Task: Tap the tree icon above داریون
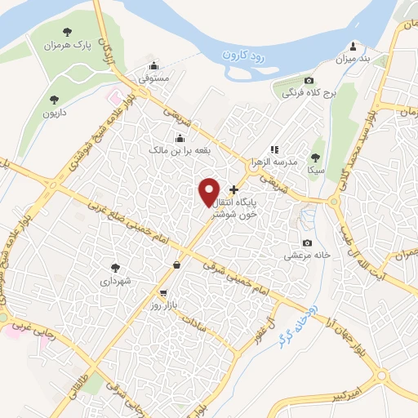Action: click(55, 100)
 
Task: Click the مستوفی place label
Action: click(153, 79)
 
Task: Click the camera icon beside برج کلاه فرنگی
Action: click(309, 80)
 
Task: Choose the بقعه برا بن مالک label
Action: click(180, 150)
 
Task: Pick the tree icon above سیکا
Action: click(316, 158)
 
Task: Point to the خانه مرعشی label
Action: click(307, 255)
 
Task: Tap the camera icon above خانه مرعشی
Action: click(307, 242)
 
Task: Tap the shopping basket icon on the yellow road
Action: click(177, 264)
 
